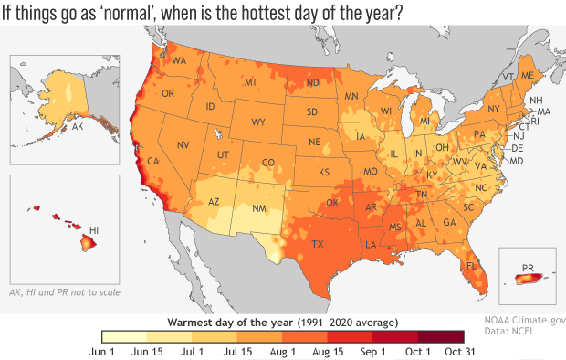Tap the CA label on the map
click(153, 162)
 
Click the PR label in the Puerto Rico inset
click(527, 269)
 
